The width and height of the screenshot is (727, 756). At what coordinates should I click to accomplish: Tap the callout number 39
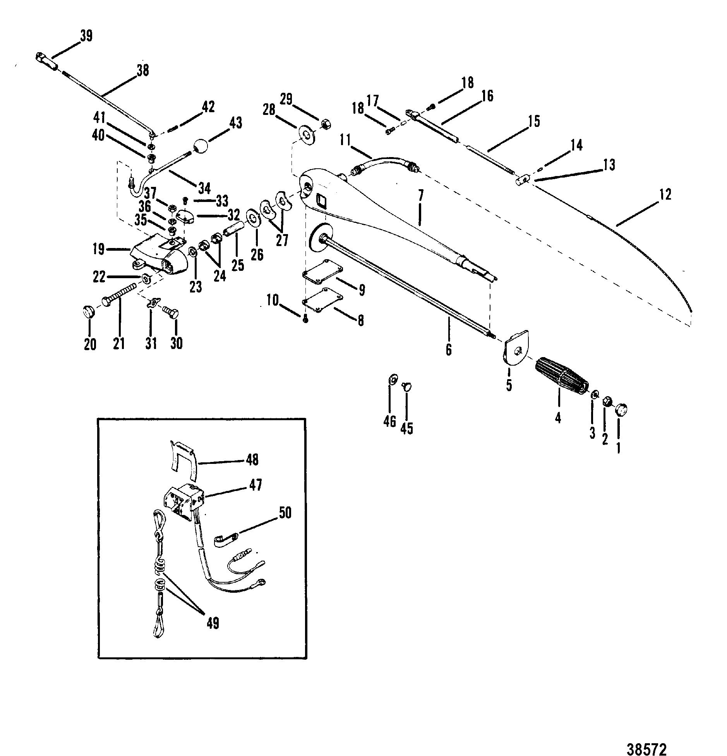[x=86, y=36]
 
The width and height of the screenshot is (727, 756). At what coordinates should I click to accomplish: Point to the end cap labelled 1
[x=621, y=409]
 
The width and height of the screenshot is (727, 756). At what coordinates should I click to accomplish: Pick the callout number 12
[x=665, y=195]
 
